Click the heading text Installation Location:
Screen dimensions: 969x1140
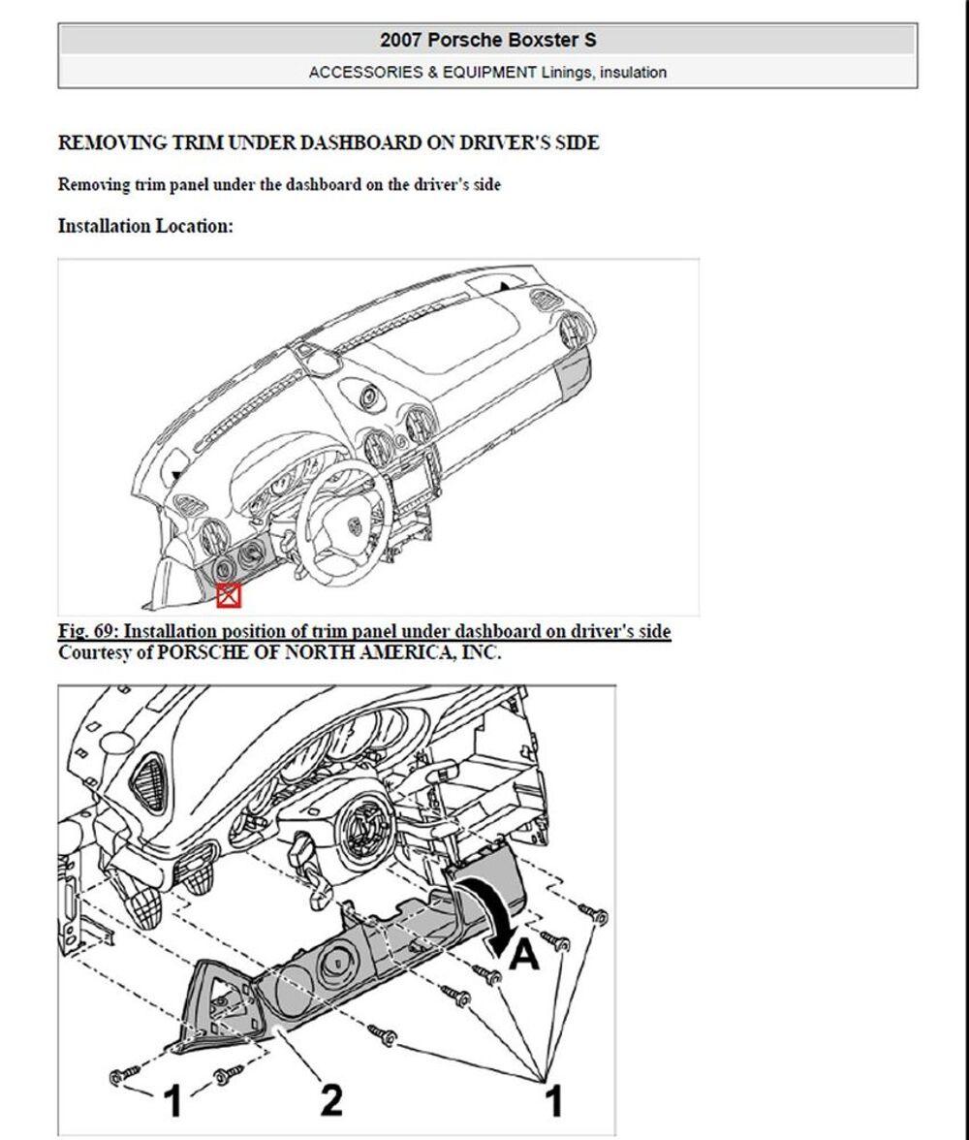click(145, 226)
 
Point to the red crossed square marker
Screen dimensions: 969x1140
click(229, 595)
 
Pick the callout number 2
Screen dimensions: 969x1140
click(330, 1100)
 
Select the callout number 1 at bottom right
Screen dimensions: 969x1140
click(554, 1100)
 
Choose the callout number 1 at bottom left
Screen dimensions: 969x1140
click(172, 1100)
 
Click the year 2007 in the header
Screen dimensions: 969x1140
click(400, 40)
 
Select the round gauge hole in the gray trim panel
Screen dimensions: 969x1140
click(338, 964)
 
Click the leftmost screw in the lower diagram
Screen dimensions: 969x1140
click(124, 1075)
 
